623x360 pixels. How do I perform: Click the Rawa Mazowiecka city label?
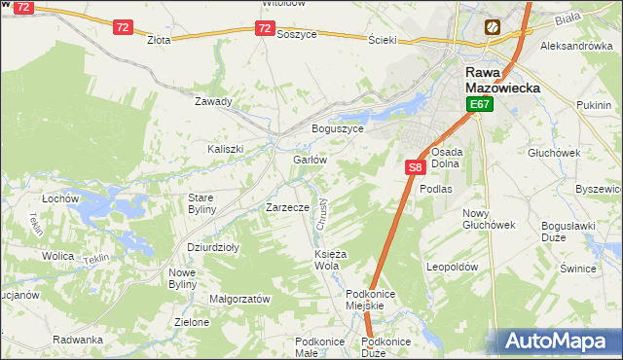click(x=496, y=80)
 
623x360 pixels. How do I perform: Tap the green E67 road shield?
click(x=478, y=104)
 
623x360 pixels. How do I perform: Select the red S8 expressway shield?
click(x=415, y=167)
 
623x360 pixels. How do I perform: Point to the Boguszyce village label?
click(x=337, y=128)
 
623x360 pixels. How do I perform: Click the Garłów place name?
click(x=309, y=160)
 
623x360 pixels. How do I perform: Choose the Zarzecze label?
click(x=287, y=207)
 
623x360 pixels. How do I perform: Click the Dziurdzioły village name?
click(x=213, y=247)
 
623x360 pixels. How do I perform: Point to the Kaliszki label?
click(x=225, y=149)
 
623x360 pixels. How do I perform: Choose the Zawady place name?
click(x=213, y=101)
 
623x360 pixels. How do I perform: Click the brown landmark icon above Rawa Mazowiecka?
click(x=494, y=27)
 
